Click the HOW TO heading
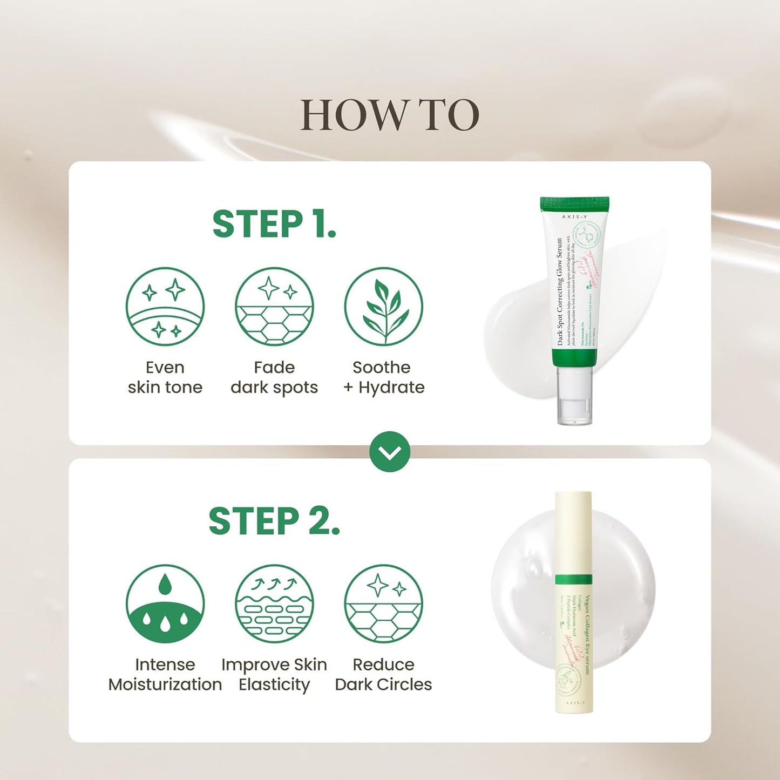[389, 115]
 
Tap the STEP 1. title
[274, 225]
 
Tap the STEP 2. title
[274, 521]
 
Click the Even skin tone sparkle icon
[165, 307]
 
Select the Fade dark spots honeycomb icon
[274, 307]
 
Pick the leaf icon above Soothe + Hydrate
[383, 307]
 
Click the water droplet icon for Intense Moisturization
[165, 603]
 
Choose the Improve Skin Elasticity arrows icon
[274, 603]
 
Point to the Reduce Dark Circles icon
[383, 603]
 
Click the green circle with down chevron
[390, 452]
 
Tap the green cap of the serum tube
[575, 204]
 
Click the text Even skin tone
[165, 377]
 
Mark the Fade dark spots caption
[274, 377]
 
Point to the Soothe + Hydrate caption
[384, 377]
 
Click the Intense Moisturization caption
[165, 674]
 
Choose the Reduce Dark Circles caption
[383, 674]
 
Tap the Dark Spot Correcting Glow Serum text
[560, 291]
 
